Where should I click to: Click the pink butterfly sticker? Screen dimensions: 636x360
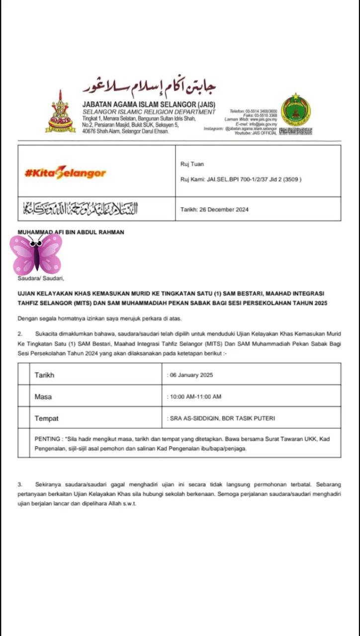36,254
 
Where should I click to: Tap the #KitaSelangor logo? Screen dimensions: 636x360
65,173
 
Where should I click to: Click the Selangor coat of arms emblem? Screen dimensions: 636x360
61,113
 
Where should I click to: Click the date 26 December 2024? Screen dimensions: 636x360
214,210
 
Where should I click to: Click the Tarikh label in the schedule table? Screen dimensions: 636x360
44,375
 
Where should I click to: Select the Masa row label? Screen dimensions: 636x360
43,397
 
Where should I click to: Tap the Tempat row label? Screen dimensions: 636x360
46,419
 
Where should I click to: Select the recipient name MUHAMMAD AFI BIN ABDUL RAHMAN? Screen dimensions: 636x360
71,232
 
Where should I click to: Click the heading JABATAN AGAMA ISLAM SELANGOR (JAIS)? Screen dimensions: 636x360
149,104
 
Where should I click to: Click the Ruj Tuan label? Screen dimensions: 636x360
192,164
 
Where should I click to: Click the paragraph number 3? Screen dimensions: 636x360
20,484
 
